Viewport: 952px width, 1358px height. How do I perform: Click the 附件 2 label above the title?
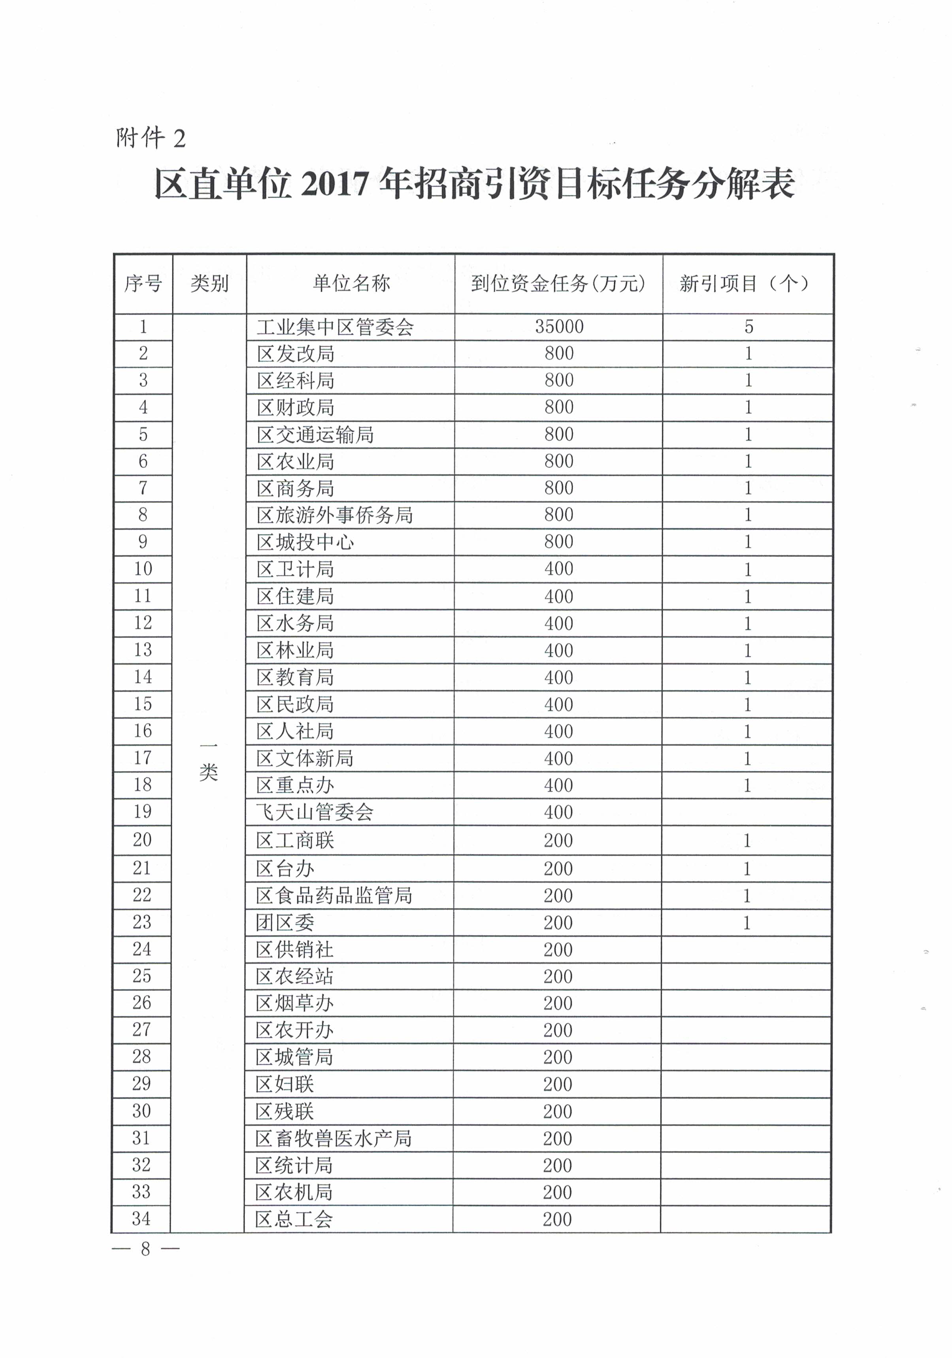[x=151, y=138]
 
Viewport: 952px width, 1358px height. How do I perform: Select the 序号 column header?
[x=143, y=284]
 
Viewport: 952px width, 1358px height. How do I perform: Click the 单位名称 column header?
[x=351, y=284]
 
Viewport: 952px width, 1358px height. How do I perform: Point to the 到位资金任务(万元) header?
[x=558, y=284]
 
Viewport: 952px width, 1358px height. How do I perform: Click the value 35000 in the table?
[x=559, y=326]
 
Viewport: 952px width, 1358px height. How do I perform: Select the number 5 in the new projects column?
[x=748, y=326]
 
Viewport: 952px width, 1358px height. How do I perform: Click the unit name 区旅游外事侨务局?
[x=335, y=515]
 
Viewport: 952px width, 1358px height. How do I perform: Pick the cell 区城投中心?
[x=305, y=542]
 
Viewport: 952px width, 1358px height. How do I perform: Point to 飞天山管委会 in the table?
[x=315, y=812]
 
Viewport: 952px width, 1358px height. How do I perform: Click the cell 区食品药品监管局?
[x=334, y=896]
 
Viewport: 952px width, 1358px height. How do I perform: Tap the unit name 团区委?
[x=285, y=923]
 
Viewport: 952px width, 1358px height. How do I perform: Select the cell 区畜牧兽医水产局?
[x=334, y=1139]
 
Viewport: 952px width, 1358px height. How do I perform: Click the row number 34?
[x=141, y=1219]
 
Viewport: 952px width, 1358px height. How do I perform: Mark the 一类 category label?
[x=209, y=762]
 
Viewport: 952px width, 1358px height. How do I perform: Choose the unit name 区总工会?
[x=294, y=1219]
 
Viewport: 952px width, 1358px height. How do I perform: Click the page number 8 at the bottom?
[x=145, y=1249]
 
